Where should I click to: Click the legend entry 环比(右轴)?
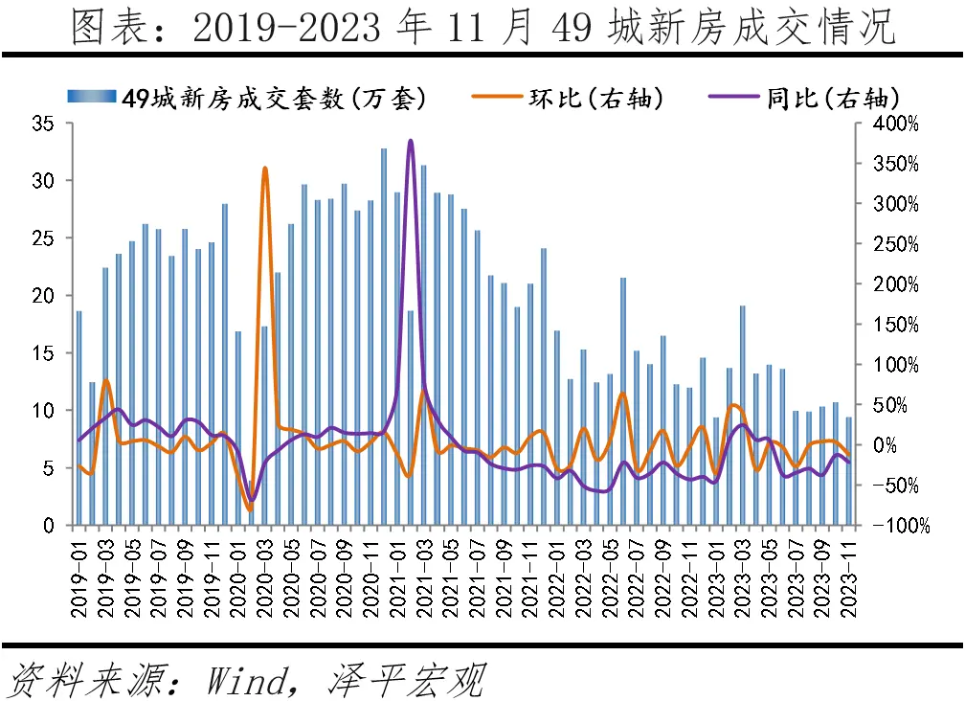coord(594,99)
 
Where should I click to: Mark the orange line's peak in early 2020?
coord(265,169)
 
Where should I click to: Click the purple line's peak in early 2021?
coord(410,141)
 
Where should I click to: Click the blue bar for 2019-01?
coord(79,418)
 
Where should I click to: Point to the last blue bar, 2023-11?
coord(848,470)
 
